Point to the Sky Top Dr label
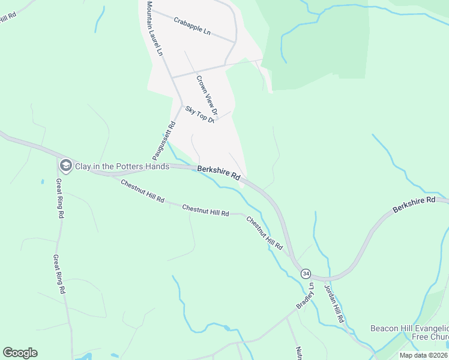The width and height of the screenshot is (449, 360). pos(200,114)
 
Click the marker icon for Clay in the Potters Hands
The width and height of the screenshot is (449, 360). pos(65,165)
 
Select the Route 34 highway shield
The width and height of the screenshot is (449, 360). pos(306,273)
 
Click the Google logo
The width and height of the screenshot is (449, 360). pos(20,353)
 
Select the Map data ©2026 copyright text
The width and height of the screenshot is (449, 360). pos(424,355)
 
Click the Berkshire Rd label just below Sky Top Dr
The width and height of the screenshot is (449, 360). pos(218,174)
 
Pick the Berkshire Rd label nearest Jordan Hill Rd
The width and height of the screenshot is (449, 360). pos(414,205)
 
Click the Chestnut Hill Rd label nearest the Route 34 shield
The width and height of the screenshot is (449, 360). pos(264,232)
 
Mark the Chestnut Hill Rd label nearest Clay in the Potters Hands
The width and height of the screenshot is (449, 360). pos(142,191)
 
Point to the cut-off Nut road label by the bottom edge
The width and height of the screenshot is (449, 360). pos(298,353)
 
